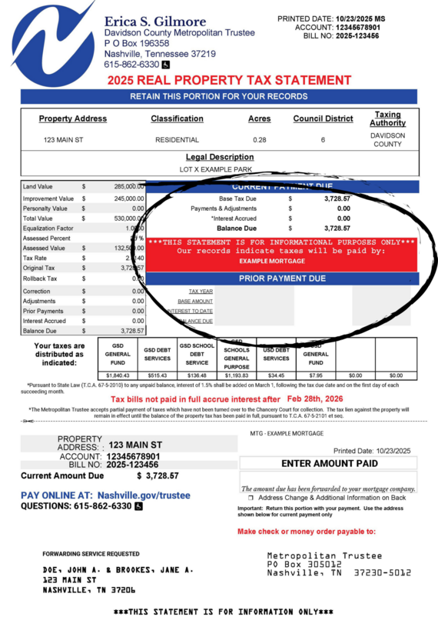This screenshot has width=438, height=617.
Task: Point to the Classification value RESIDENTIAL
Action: coord(177,140)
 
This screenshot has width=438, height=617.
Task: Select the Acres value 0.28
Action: coord(260,140)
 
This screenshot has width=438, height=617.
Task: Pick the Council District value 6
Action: coord(323,140)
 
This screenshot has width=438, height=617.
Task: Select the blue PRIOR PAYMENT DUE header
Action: coord(282,278)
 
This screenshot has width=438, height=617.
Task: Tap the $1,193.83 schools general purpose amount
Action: coord(237,375)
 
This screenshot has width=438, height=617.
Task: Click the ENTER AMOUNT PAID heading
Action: coord(329,464)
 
